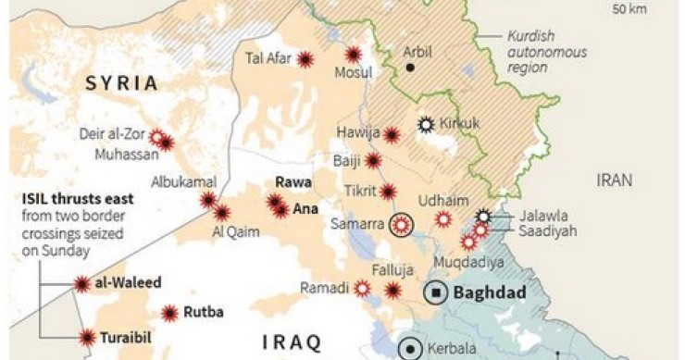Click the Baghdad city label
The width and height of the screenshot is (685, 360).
[x=491, y=293]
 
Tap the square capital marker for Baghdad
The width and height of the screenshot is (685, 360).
[x=435, y=293]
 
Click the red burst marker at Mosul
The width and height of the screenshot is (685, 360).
[x=354, y=55]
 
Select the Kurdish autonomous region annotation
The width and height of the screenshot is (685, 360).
[x=546, y=53]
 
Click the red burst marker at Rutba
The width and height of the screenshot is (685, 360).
[x=169, y=313]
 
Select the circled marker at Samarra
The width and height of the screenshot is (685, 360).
[x=401, y=224]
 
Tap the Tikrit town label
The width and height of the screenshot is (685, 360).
[x=359, y=192]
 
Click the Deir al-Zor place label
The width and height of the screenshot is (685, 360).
[x=116, y=133]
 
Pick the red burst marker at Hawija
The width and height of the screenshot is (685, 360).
[x=392, y=135]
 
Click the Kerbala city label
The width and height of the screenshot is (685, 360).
[x=451, y=350]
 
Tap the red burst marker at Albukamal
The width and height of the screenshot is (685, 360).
[x=208, y=199]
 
